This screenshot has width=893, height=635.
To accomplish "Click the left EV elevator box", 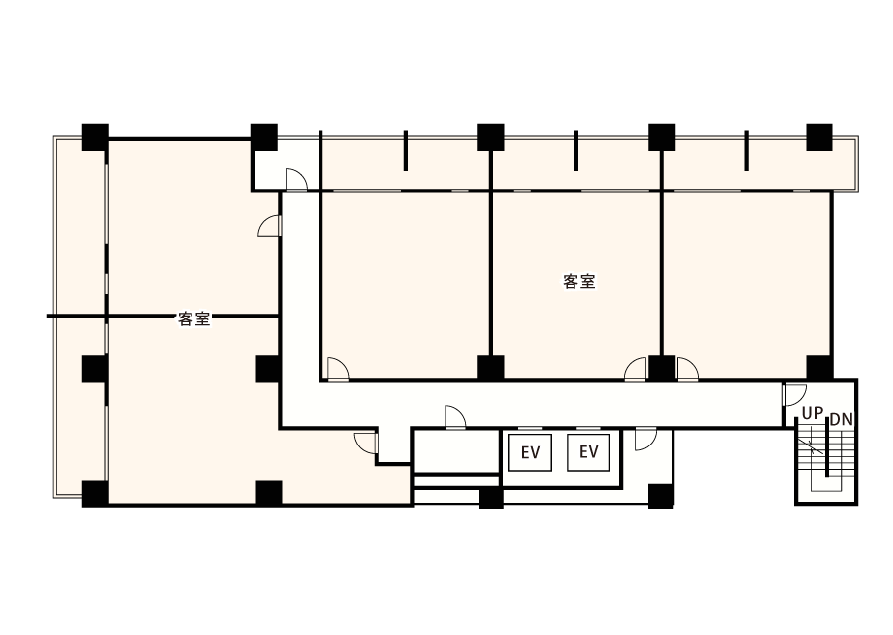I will pyautogui.click(x=530, y=453).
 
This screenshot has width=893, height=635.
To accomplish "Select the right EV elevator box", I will pyautogui.click(x=589, y=453).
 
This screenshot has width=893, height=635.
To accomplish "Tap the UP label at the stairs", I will pyautogui.click(x=813, y=412).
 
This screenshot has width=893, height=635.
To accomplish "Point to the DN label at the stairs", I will pyautogui.click(x=840, y=420).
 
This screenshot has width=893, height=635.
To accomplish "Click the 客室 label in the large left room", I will pyautogui.click(x=193, y=319).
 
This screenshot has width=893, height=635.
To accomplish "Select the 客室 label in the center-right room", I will pyautogui.click(x=578, y=281).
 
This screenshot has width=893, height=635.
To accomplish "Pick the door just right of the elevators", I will pyautogui.click(x=645, y=439).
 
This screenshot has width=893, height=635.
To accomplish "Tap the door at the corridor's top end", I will pyautogui.click(x=295, y=179).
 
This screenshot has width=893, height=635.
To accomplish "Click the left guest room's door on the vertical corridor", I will pyautogui.click(x=269, y=227).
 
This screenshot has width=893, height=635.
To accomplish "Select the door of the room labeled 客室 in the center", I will pyautogui.click(x=635, y=369).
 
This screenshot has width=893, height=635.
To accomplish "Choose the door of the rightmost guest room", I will pyautogui.click(x=687, y=369).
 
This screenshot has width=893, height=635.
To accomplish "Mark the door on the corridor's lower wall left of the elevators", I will pyautogui.click(x=455, y=418).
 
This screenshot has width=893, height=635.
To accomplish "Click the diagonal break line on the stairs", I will pyautogui.click(x=815, y=446).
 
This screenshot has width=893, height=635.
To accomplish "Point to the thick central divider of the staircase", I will pyautogui.click(x=826, y=456).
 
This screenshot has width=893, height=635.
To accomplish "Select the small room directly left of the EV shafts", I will pyautogui.click(x=455, y=451).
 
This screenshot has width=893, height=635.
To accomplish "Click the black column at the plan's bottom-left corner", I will pyautogui.click(x=94, y=491).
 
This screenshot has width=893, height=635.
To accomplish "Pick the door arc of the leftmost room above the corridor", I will pyautogui.click(x=338, y=369).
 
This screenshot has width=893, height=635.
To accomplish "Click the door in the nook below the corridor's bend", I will pyautogui.click(x=365, y=443).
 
